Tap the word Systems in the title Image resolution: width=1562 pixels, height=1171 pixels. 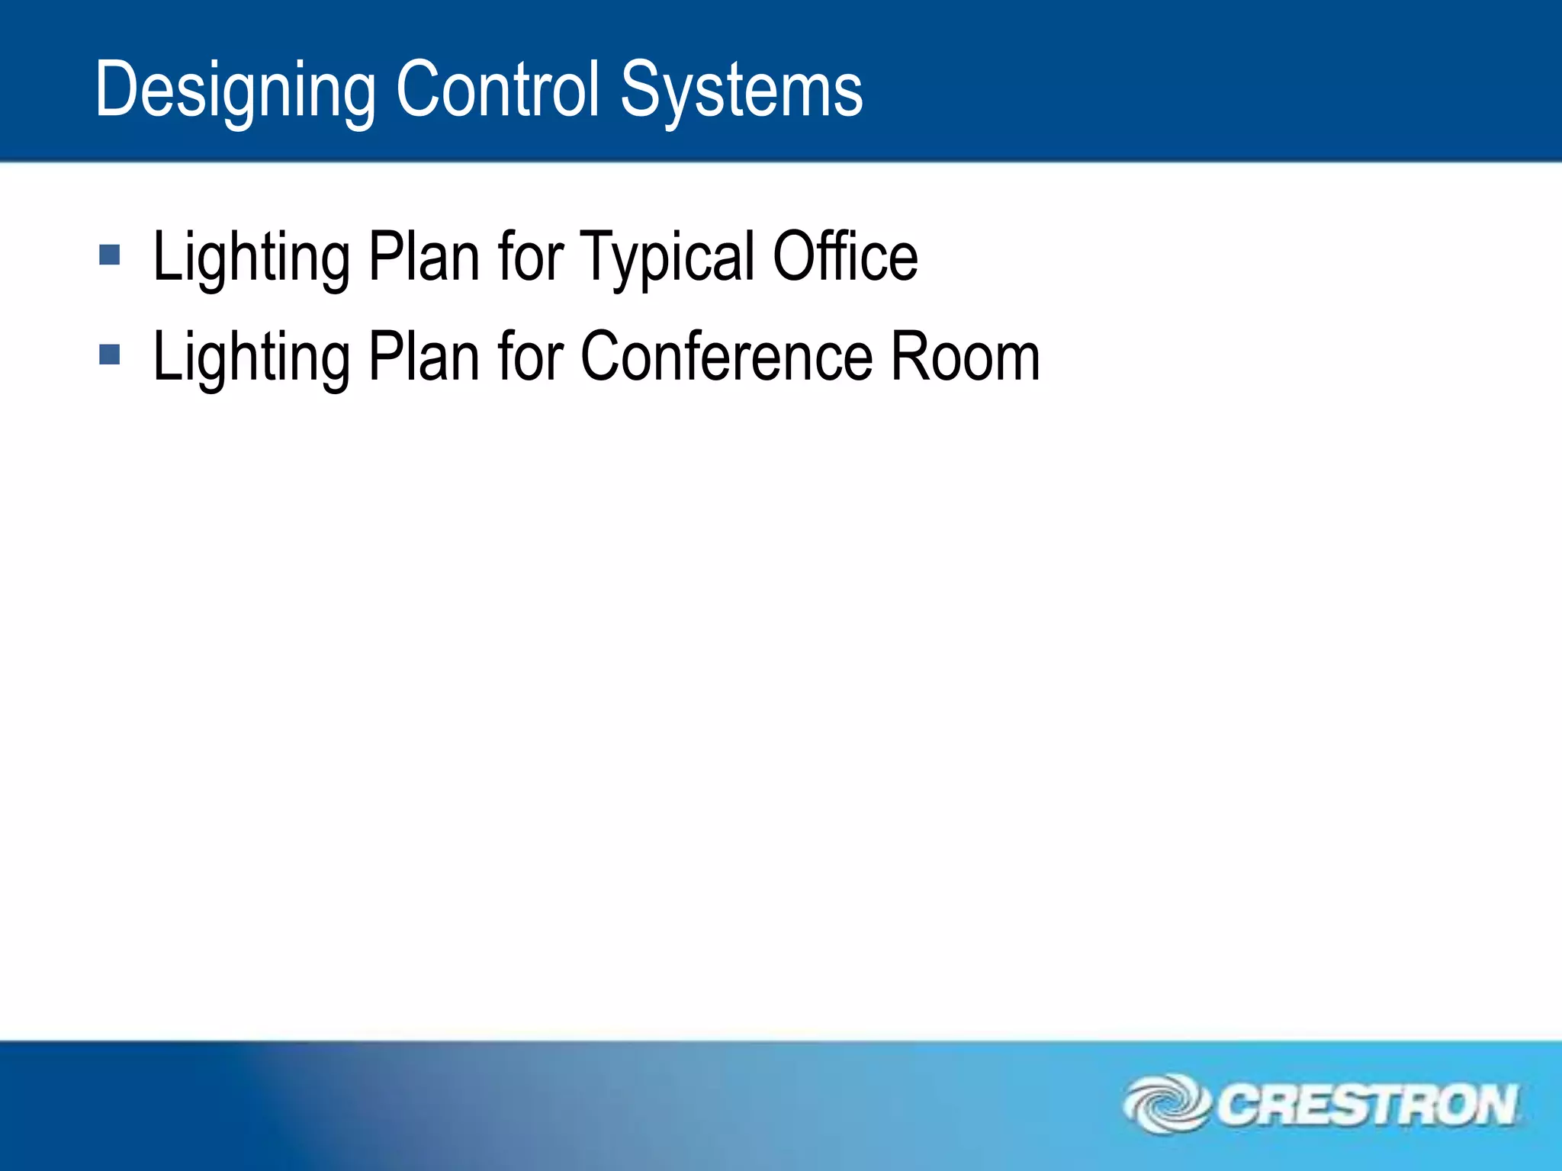[x=741, y=91]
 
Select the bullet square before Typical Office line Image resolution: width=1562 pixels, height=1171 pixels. [x=110, y=255]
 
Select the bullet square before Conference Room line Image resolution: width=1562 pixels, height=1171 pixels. [x=110, y=355]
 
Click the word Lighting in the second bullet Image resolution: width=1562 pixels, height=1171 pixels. [x=252, y=359]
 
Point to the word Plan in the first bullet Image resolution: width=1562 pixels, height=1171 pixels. [x=423, y=257]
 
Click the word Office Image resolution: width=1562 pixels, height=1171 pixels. [x=845, y=257]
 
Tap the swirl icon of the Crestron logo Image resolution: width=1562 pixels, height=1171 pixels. [x=1167, y=1103]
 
